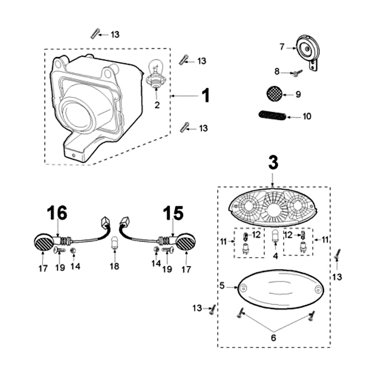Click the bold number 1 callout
(x=205, y=96)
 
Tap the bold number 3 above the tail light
(x=273, y=162)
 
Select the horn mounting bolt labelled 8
(x=296, y=72)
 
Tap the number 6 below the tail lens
(x=273, y=338)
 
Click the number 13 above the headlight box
(x=115, y=34)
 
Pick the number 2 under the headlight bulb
(x=157, y=105)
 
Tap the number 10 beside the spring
(x=307, y=116)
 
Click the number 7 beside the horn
(x=281, y=47)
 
